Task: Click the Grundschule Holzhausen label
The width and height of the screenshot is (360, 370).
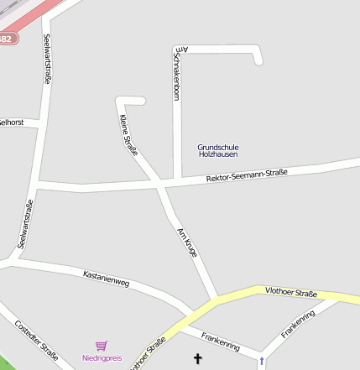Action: tap(217, 150)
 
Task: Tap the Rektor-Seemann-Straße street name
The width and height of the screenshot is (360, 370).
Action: tap(247, 175)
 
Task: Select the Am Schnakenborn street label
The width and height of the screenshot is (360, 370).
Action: tap(177, 74)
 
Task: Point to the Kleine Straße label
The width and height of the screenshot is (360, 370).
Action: tap(128, 134)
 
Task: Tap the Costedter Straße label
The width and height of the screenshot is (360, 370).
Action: tap(37, 341)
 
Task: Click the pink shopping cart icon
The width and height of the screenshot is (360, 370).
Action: tap(102, 346)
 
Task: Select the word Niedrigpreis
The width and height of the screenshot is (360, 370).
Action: tap(102, 358)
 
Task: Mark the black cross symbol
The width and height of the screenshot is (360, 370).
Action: tap(199, 359)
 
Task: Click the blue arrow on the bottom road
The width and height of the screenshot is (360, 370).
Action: tap(261, 361)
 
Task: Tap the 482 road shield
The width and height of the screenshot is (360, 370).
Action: tap(7, 39)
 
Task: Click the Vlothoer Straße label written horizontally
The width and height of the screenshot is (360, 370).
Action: tap(290, 293)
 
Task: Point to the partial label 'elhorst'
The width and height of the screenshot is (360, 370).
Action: tap(12, 122)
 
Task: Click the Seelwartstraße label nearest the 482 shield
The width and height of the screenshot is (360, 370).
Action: tap(47, 59)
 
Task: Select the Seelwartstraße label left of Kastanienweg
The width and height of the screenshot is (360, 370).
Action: tap(26, 225)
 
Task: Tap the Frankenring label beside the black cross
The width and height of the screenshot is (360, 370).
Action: tap(221, 340)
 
